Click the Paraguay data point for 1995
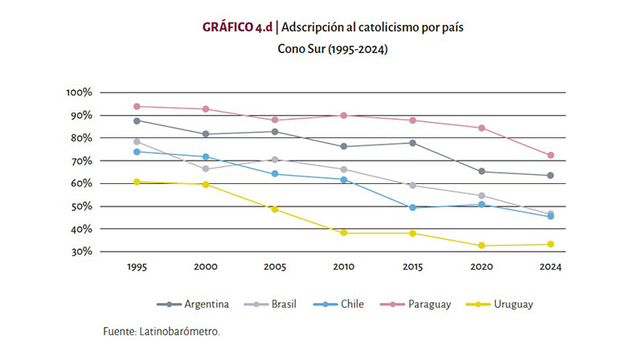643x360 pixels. click(137, 106)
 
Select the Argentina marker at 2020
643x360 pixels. click(481, 171)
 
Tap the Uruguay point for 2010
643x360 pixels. click(344, 232)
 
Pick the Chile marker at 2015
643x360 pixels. click(413, 207)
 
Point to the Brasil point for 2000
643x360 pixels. click(207, 169)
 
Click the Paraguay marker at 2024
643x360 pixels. click(551, 155)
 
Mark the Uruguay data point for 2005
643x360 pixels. click(275, 210)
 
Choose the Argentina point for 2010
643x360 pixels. click(344, 146)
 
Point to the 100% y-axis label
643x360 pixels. click(81, 93)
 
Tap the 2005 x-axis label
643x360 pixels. click(275, 268)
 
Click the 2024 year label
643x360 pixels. click(551, 268)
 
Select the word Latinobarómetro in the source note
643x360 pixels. click(181, 331)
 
